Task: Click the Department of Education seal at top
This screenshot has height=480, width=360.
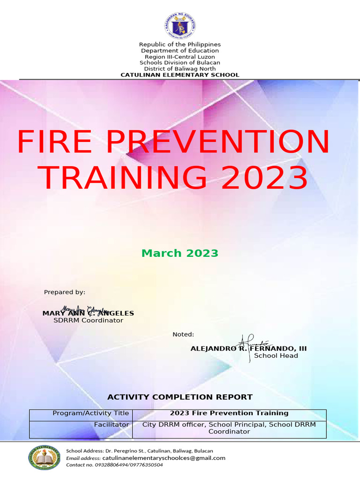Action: (180, 26)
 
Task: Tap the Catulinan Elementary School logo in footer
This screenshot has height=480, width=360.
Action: (45, 457)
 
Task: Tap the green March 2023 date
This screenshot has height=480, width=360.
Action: (180, 253)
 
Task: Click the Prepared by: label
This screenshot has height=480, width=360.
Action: (65, 292)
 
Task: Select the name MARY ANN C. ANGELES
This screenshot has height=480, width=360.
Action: (88, 313)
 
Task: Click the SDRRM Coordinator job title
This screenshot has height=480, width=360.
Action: (88, 321)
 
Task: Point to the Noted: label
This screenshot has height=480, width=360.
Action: (183, 334)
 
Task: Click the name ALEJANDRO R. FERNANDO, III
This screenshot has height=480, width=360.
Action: (248, 349)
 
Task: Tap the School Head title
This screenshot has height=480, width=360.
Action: (276, 356)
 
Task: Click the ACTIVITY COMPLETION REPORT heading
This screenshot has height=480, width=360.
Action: (180, 397)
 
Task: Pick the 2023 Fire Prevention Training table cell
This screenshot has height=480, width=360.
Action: (229, 413)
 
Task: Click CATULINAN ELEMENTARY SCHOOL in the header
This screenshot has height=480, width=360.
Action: (180, 75)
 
